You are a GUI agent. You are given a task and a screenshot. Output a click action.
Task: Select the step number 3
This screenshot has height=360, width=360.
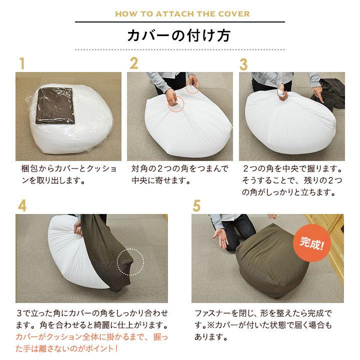pos(244,64)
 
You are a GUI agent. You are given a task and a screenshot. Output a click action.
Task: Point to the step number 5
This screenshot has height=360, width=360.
pos(196,206)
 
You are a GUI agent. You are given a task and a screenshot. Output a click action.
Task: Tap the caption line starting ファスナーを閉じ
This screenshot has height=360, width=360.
pos(262,313)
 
